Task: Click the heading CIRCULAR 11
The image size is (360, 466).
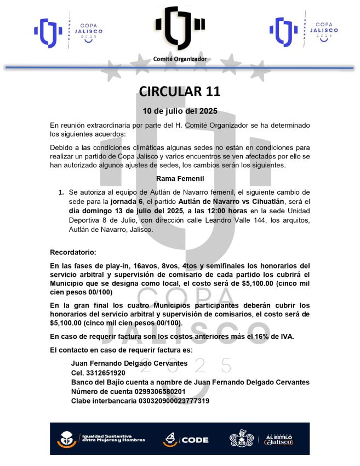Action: click(x=180, y=90)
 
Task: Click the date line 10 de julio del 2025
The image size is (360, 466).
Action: click(x=180, y=111)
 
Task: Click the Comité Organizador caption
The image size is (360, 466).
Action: click(x=180, y=58)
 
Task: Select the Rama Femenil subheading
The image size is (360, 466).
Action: click(x=180, y=179)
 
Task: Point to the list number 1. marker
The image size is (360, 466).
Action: click(x=61, y=193)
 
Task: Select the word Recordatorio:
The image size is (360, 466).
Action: click(x=73, y=253)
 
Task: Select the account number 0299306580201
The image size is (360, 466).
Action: click(x=160, y=391)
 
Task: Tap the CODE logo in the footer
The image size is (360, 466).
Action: click(x=186, y=439)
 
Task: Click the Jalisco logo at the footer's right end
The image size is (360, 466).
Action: click(x=279, y=439)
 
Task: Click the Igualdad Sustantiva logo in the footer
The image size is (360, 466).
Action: click(x=101, y=439)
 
